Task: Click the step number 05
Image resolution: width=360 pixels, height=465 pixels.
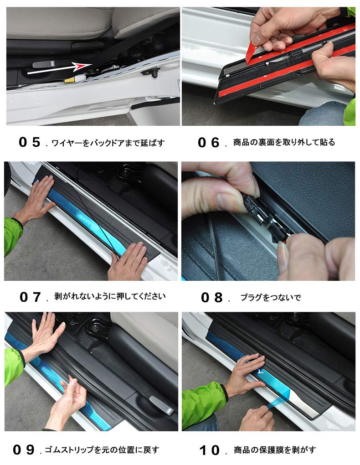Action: (x=30, y=142)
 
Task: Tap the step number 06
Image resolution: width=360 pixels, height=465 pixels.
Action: (x=209, y=142)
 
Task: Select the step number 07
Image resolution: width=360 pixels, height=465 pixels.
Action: (x=31, y=297)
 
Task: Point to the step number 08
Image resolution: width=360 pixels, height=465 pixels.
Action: (x=212, y=298)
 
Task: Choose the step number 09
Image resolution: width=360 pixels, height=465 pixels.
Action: (x=24, y=450)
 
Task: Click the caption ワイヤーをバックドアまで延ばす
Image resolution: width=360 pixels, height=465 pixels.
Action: (x=108, y=143)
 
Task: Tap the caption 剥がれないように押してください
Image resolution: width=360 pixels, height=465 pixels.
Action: (x=110, y=296)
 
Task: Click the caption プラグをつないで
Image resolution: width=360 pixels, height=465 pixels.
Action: (x=271, y=298)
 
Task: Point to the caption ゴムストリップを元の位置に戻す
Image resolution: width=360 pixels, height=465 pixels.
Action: (x=102, y=450)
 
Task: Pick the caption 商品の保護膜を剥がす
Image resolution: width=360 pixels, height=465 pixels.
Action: (x=275, y=450)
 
